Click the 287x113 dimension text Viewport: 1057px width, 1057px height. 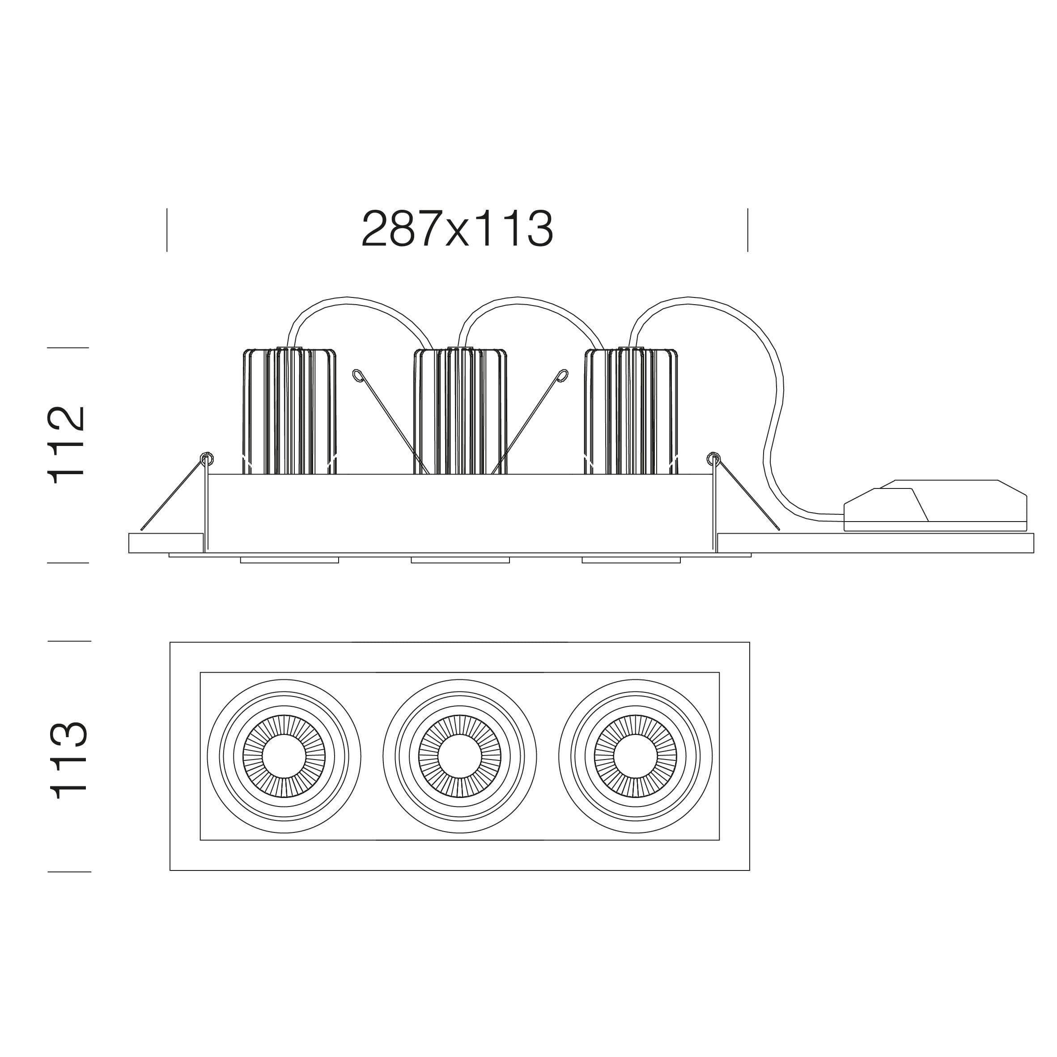click(x=457, y=229)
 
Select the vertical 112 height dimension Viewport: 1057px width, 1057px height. click(x=67, y=445)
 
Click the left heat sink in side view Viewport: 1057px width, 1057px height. click(x=289, y=411)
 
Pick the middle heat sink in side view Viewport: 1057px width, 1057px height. click(x=460, y=411)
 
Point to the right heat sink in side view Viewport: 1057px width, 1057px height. click(x=631, y=411)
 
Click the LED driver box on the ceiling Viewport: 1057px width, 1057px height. click(x=935, y=505)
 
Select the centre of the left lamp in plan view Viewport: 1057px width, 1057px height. click(x=284, y=756)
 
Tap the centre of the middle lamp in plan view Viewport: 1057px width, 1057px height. click(x=459, y=756)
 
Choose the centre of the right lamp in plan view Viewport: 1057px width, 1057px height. click(x=635, y=756)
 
